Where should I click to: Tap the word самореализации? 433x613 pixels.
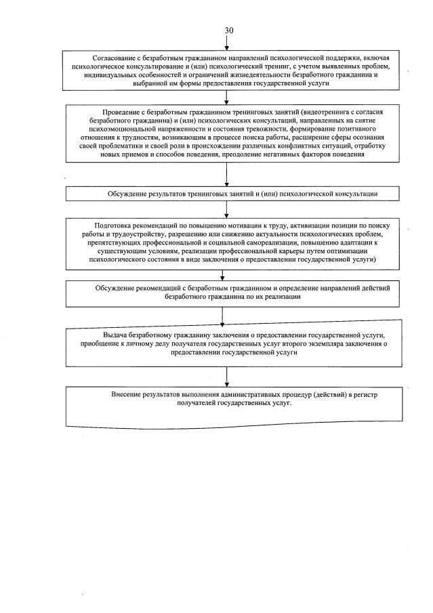(293, 242)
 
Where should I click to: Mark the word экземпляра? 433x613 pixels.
(330, 344)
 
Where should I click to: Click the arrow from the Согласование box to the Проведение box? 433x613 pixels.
(227, 97)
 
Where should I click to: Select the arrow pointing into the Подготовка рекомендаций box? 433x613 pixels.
(227, 210)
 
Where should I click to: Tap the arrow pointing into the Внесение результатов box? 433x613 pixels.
(227, 379)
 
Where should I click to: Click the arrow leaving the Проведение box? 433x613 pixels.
(227, 174)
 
